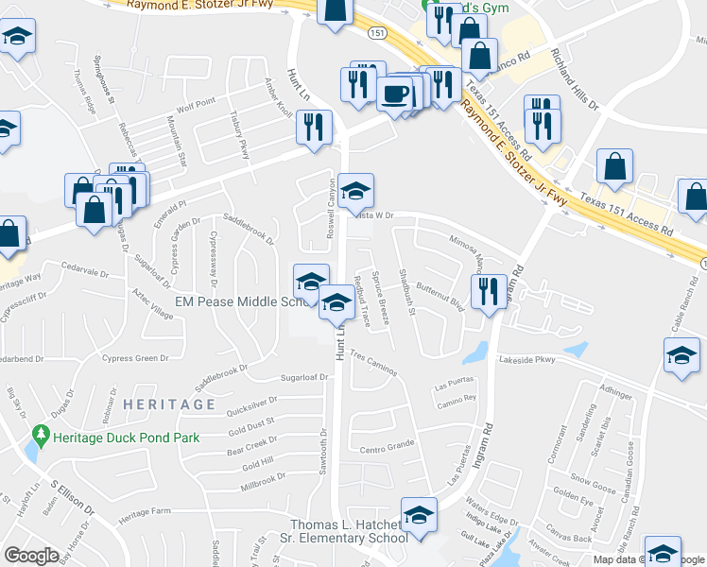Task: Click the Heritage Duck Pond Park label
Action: [x=126, y=438]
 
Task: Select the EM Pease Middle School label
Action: [x=244, y=301]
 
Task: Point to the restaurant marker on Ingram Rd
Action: [x=489, y=291]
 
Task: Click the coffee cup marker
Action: [x=394, y=94]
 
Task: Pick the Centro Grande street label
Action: [x=388, y=444]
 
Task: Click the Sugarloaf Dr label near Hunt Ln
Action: [x=302, y=377]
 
